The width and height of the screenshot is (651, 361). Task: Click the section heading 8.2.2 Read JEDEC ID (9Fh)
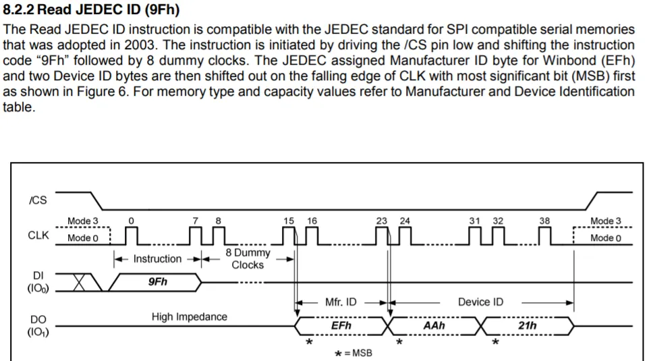(x=92, y=11)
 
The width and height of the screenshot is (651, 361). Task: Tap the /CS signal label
(x=38, y=200)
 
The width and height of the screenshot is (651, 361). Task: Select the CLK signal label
(x=38, y=236)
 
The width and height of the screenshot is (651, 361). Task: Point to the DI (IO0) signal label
(x=38, y=282)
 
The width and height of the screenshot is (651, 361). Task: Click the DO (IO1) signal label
(x=38, y=325)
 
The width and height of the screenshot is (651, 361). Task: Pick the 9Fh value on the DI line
(x=158, y=282)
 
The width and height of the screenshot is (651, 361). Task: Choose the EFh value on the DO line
(x=341, y=326)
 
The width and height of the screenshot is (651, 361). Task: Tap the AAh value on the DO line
(x=434, y=326)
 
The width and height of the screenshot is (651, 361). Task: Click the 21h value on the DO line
(x=528, y=326)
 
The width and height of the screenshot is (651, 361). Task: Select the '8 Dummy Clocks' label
(x=248, y=258)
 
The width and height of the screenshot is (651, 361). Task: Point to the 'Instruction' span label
(x=157, y=259)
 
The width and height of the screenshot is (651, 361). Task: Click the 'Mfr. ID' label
(x=341, y=302)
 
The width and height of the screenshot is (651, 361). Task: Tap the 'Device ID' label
(x=480, y=302)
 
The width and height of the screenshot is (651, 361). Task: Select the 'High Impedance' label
(x=190, y=316)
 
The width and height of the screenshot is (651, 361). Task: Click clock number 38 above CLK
(x=544, y=221)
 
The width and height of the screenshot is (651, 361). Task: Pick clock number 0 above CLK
(x=131, y=221)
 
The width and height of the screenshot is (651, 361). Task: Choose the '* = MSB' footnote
(x=353, y=353)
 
